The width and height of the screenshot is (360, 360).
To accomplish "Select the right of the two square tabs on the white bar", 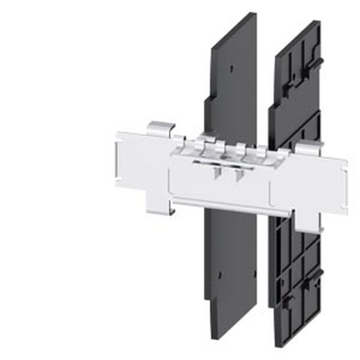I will tap(237, 175).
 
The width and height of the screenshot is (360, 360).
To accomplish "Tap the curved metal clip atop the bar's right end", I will tap(309, 148).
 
